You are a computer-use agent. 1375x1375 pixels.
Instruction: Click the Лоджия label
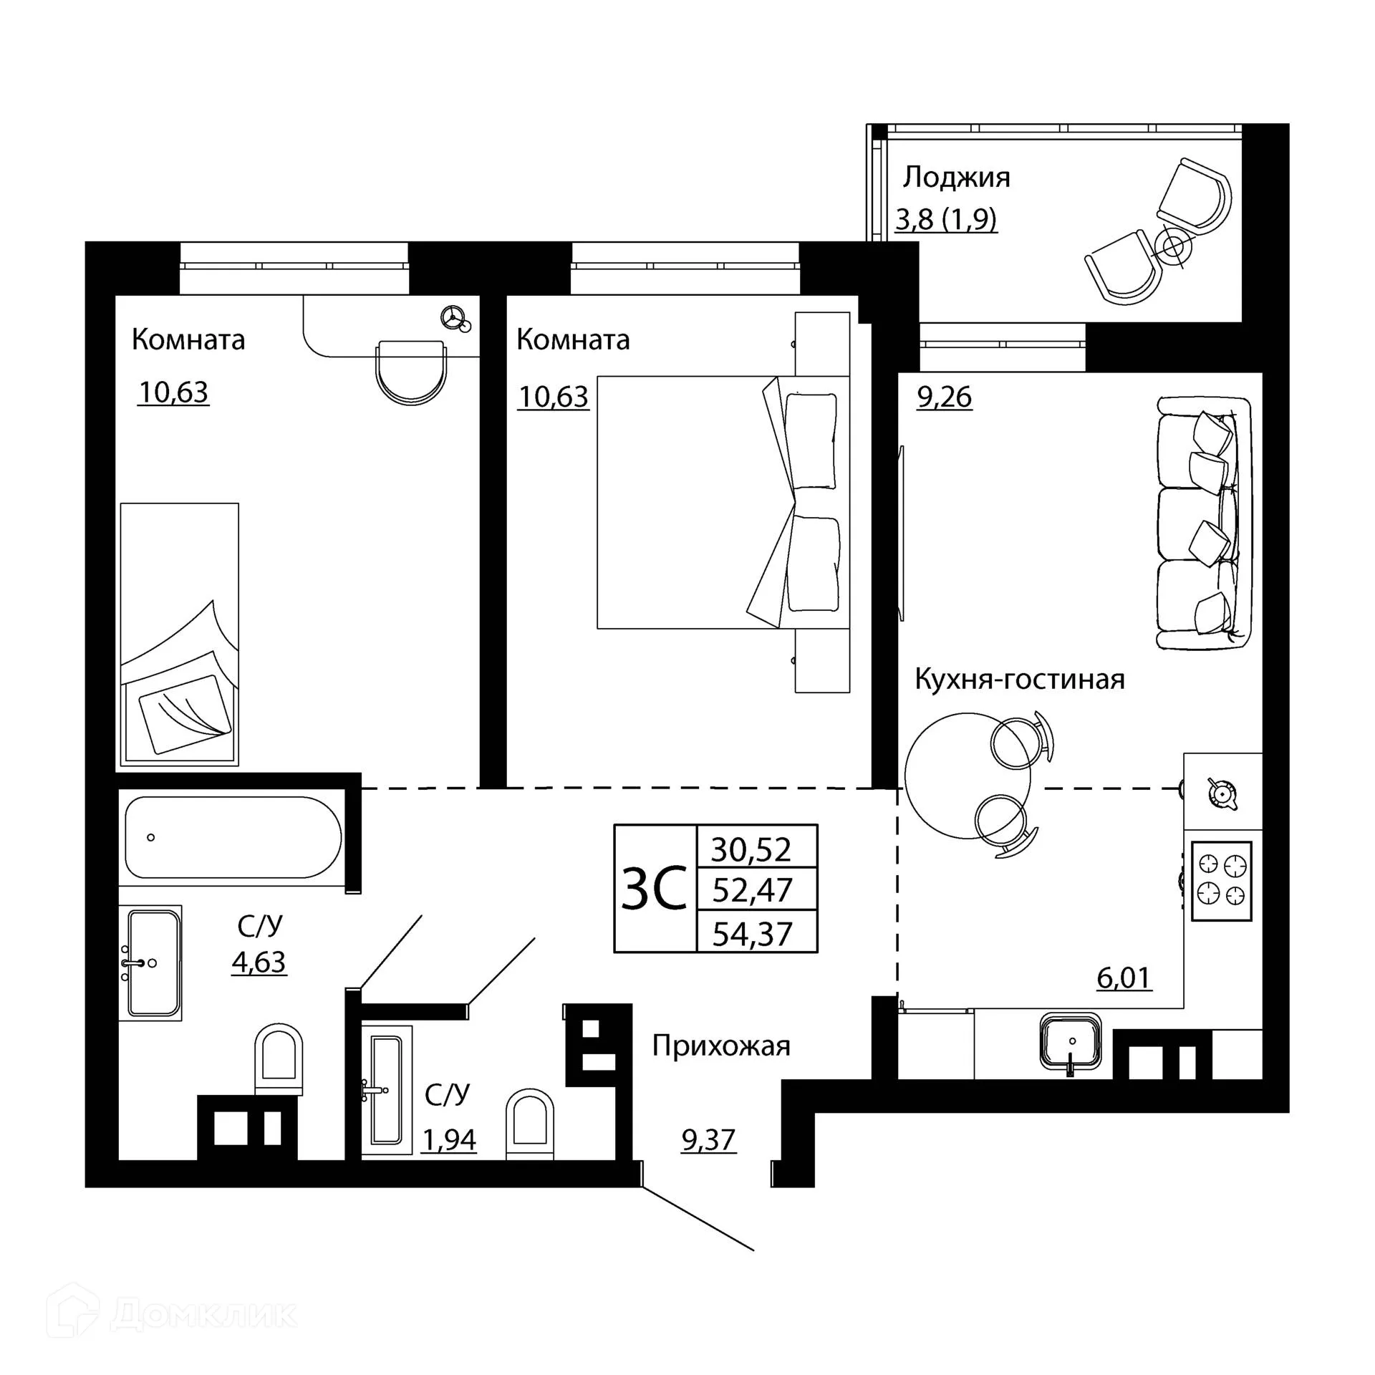click(956, 178)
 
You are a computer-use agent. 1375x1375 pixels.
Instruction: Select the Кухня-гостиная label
click(1020, 679)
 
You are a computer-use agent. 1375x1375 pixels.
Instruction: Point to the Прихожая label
click(721, 1047)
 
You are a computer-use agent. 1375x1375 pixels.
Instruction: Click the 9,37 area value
click(708, 1139)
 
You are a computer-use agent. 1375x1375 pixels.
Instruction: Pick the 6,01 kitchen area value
click(1124, 978)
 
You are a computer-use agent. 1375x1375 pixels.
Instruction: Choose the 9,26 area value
click(945, 397)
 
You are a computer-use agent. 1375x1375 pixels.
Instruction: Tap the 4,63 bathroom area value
click(259, 962)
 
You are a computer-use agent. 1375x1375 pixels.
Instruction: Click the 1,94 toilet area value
click(449, 1139)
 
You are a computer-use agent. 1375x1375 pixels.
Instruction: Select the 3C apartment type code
click(655, 889)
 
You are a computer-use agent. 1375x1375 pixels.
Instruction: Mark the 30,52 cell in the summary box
click(751, 849)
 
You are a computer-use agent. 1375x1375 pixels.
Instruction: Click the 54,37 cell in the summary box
click(753, 934)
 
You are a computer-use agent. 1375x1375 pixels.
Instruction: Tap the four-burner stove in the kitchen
click(1222, 881)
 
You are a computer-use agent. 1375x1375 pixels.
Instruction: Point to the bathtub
click(233, 837)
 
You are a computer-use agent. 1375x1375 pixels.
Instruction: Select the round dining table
click(968, 776)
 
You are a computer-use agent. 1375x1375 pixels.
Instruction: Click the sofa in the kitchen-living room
click(1204, 524)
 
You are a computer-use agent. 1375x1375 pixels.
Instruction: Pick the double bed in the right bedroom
click(723, 502)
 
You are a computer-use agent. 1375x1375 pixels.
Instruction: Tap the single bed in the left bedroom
click(179, 635)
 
